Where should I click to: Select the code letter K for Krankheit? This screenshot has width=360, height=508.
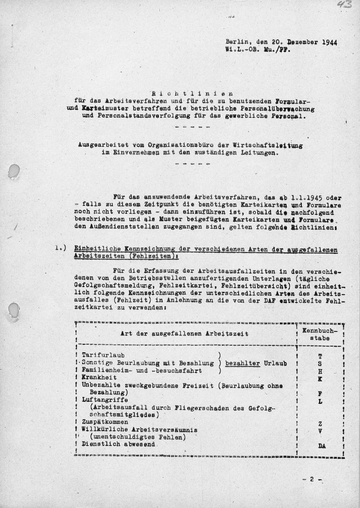tap(321, 379)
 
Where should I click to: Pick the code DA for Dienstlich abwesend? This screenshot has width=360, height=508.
tap(321, 446)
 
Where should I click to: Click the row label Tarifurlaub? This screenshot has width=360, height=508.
tap(104, 356)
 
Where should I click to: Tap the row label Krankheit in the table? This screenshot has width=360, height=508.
tap(100, 378)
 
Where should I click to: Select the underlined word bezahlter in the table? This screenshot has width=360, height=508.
tap(242, 363)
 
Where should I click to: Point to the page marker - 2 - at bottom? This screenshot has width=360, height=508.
tap(311, 480)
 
